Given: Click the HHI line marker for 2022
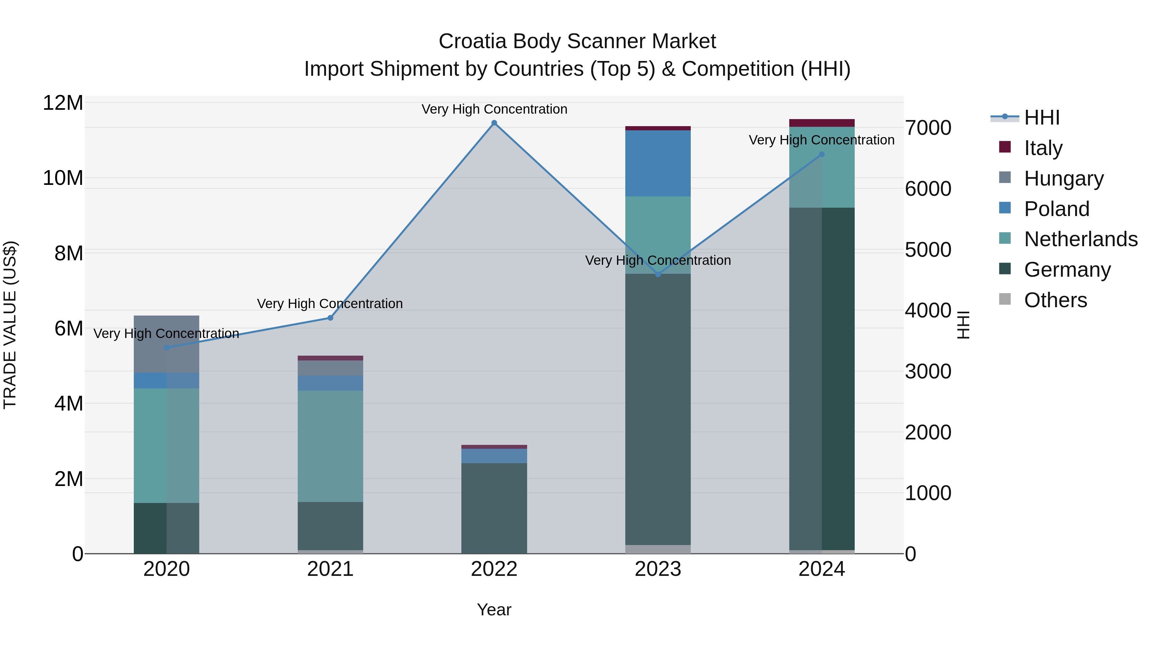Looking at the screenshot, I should (494, 123).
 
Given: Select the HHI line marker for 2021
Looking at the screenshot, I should (330, 317).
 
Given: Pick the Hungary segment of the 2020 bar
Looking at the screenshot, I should (166, 344).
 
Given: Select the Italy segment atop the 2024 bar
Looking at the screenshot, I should (822, 123).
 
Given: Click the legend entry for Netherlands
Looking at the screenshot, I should (1081, 239).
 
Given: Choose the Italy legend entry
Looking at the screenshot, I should (1043, 148).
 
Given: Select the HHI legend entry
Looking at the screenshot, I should (1041, 117).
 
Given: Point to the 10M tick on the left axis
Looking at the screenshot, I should (63, 178).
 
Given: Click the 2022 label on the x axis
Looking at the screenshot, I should (494, 569).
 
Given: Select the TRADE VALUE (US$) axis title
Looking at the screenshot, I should (10, 325).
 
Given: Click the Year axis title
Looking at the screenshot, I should (494, 610).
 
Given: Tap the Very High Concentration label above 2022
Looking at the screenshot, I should (494, 109).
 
